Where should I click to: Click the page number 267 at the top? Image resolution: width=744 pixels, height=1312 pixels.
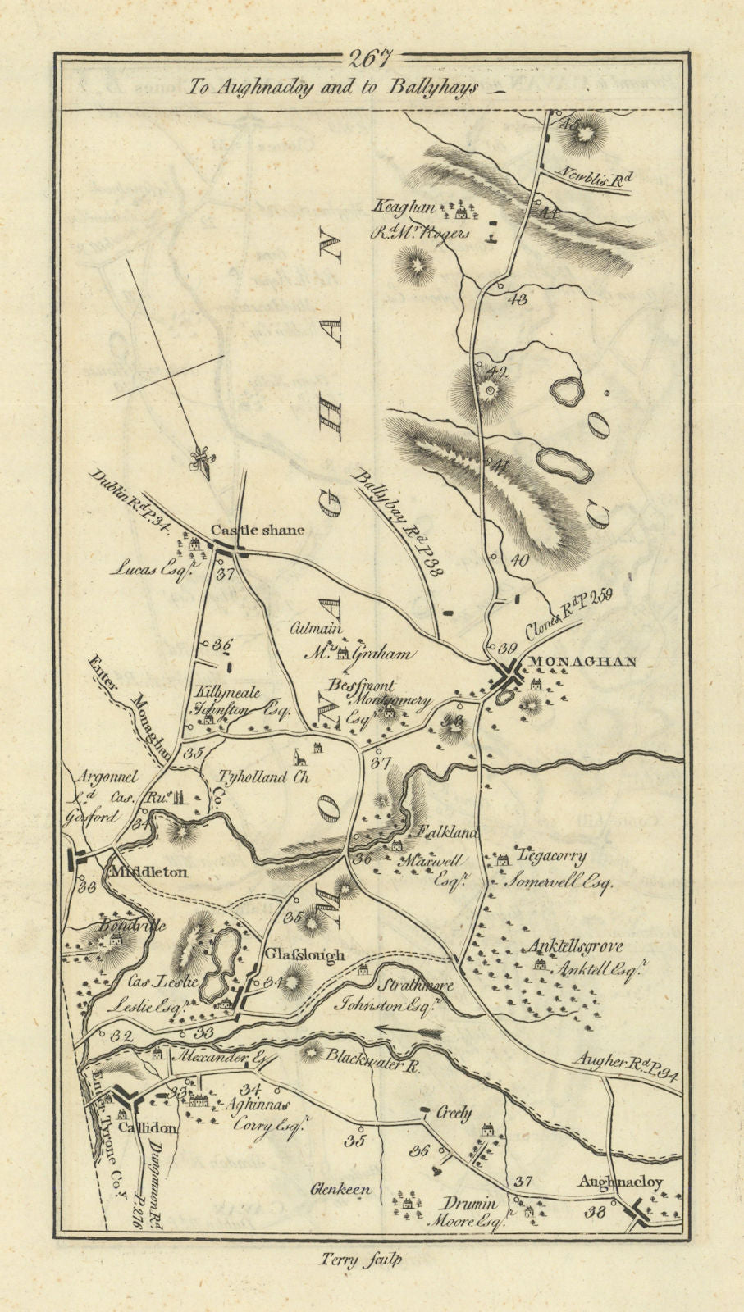pos(371,59)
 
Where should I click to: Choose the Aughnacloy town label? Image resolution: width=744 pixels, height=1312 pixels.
pos(619,1182)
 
